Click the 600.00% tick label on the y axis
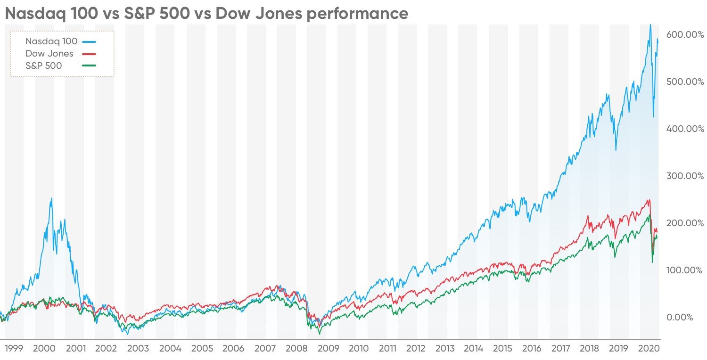pos(684,34)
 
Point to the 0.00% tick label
pos(679,317)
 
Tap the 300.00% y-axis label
pos(684,176)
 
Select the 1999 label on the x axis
pos(14,349)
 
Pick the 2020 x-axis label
pos(648,349)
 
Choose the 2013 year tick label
pos(445,349)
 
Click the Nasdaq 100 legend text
pos(51,41)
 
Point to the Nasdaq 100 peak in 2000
pos(51,199)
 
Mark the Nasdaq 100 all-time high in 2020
pos(650,25)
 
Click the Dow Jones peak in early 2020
pos(649,200)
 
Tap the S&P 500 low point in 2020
pos(652,262)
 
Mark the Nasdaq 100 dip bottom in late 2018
pos(616,150)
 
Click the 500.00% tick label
pos(684,82)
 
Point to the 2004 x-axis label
pos(170,349)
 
